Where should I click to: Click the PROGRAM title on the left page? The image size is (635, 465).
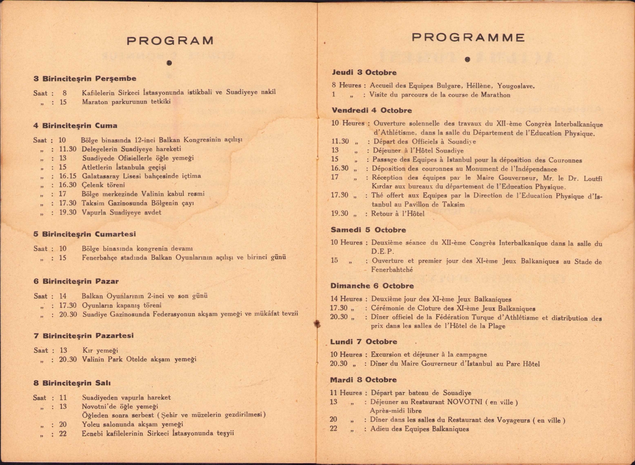click(170, 41)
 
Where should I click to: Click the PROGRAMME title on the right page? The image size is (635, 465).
click(468, 38)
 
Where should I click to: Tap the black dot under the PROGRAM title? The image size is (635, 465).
click(169, 63)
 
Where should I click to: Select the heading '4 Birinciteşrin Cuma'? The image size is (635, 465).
click(75, 126)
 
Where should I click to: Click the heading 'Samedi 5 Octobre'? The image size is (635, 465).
click(368, 230)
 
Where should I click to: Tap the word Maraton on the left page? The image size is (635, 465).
click(95, 102)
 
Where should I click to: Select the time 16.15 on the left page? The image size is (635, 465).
click(68, 176)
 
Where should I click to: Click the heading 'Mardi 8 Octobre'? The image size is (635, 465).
click(363, 380)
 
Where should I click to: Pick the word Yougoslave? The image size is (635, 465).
click(516, 86)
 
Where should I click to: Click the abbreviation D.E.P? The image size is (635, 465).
click(382, 251)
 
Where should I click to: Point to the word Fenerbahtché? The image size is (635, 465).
click(392, 270)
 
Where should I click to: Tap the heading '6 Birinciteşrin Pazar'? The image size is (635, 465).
click(76, 281)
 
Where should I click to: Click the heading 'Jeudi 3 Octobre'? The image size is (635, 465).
click(364, 72)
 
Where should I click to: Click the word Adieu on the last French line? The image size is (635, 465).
click(380, 429)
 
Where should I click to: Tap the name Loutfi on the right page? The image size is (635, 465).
click(592, 178)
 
